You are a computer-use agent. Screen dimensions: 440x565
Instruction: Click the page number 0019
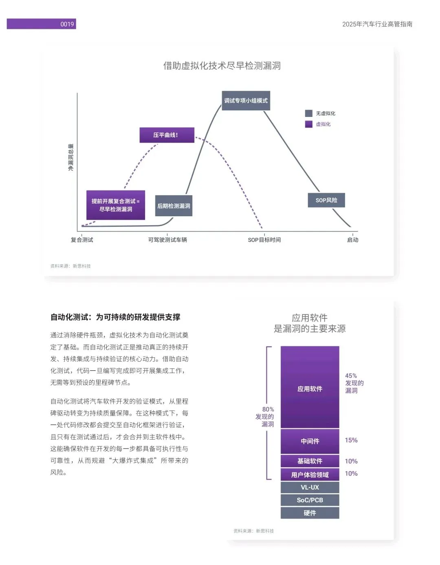coord(67,24)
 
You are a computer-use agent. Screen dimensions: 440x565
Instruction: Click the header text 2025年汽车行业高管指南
coord(377,24)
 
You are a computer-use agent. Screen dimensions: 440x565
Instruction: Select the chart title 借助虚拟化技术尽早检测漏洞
coord(222,66)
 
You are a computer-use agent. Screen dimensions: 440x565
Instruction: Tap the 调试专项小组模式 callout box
coord(246,101)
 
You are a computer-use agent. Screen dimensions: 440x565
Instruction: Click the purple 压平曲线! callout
coord(166,135)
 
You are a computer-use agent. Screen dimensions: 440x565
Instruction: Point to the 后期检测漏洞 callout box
coord(174,206)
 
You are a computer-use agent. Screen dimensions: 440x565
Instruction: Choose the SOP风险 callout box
coord(326,200)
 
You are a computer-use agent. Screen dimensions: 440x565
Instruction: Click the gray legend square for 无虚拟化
coord(309,113)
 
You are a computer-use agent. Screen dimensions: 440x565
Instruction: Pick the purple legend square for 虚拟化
coord(309,124)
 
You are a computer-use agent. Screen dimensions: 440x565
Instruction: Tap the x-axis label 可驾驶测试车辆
coord(167,240)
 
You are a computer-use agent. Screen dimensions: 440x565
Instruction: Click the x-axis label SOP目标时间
coord(264,240)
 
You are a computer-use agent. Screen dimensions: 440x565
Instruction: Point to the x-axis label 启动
coord(352,240)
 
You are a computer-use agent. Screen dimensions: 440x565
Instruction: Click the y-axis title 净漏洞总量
coord(71,157)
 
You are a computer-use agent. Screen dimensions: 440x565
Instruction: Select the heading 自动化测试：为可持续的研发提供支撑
coord(115,317)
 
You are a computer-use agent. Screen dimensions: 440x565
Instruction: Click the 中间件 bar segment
coord(310,441)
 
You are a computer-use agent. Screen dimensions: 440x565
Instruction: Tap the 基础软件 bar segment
coord(310,461)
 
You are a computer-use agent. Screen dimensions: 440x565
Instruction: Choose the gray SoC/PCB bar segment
coord(310,500)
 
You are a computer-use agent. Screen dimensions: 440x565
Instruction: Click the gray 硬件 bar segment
coord(310,513)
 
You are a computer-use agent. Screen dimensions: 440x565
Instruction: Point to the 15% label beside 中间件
coord(351,440)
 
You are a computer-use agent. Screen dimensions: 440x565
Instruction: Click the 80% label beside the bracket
coord(268,409)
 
